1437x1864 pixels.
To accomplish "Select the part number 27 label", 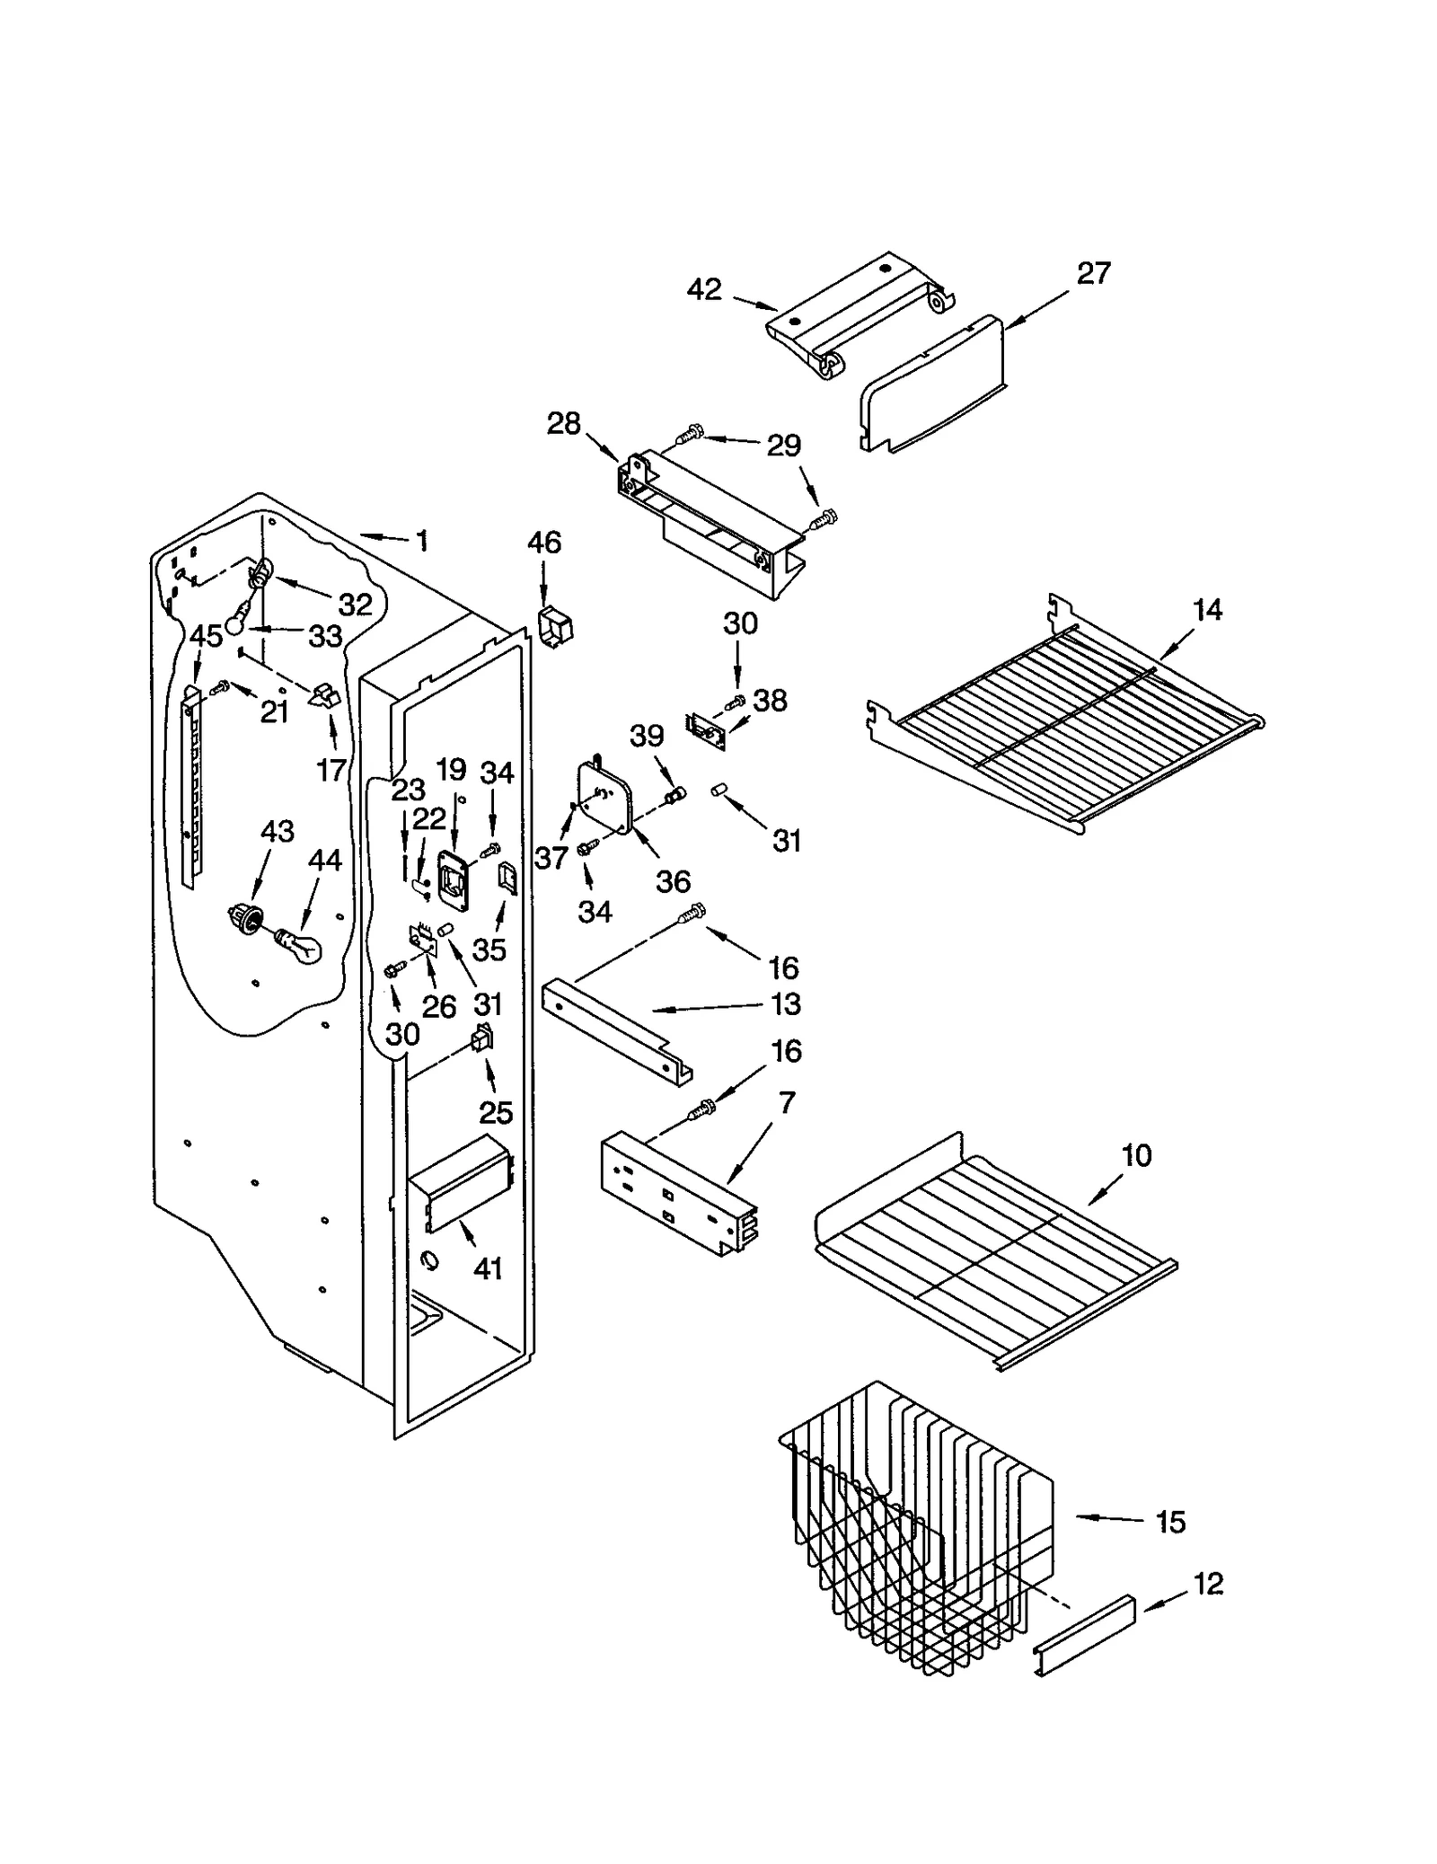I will click(1093, 273).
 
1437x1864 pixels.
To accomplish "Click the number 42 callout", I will click(704, 289).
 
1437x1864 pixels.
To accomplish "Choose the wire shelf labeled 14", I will click(1069, 719).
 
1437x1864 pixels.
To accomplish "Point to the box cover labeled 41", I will click(460, 1187).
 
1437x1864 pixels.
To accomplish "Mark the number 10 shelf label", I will click(1136, 1155).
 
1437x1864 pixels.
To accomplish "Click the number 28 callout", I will click(564, 423).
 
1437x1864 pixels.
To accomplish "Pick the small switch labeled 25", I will click(482, 1040).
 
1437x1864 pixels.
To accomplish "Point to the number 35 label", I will click(489, 949).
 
